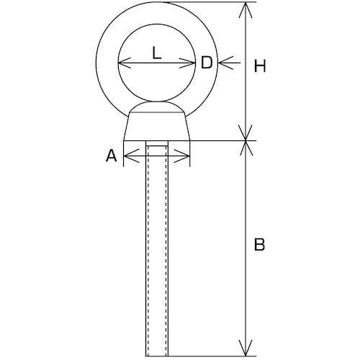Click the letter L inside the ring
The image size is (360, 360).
[157, 53]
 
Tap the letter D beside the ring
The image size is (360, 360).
[207, 63]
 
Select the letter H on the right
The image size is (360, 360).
[260, 66]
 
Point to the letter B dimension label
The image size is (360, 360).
[259, 245]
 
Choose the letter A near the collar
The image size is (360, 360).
[112, 156]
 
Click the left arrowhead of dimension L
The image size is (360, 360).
[125, 63]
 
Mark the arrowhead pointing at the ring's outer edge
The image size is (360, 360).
[225, 63]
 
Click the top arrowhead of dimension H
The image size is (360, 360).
[246, 9]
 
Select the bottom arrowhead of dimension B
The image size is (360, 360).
[246, 348]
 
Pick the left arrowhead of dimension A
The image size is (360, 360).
[131, 156]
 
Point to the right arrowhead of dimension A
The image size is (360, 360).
[182, 156]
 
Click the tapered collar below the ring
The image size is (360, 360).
[157, 126]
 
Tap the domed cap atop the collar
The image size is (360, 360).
[157, 107]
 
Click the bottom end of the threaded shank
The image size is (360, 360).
[157, 356]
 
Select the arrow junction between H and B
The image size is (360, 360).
[246, 140]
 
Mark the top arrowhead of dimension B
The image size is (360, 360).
[246, 148]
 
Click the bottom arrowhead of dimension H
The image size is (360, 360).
[246, 132]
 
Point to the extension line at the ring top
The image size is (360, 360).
[211, 2]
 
